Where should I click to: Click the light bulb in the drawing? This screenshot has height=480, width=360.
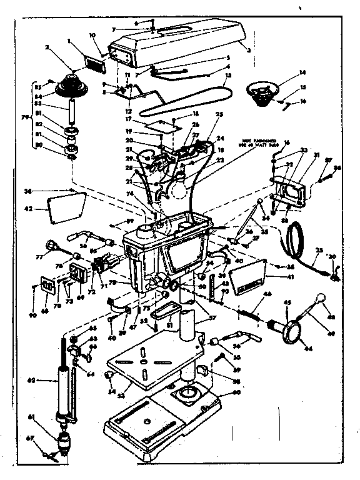click(182, 182)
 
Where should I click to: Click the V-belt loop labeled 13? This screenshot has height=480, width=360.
click(187, 100)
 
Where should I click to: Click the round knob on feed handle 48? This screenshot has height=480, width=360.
click(322, 298)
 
